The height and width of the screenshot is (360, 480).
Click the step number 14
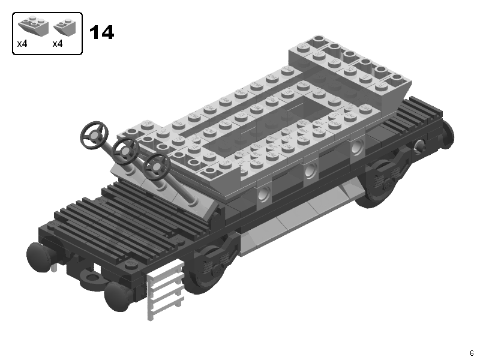101,32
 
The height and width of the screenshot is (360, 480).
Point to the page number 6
472,353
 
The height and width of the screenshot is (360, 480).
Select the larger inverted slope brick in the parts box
34,26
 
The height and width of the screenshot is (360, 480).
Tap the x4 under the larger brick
22,44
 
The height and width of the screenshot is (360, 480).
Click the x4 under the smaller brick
57,44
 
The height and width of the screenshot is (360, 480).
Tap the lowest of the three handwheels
157,167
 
